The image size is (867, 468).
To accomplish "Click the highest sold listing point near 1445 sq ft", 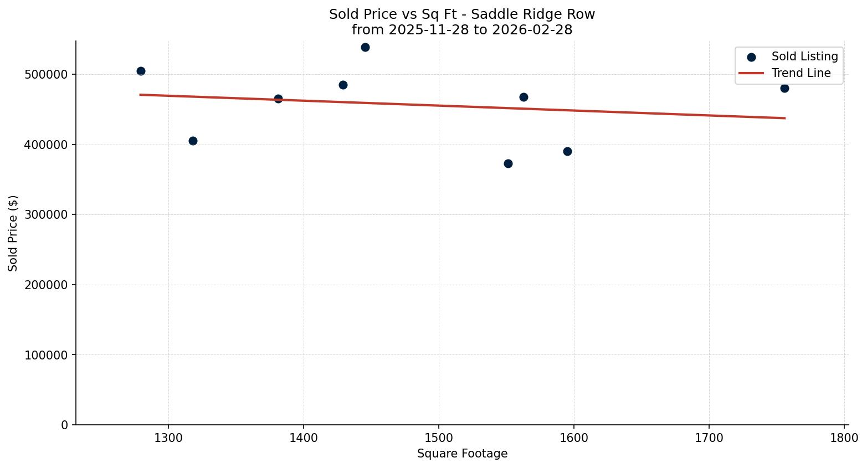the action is [x=365, y=47].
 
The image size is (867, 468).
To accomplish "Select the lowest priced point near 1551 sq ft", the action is [x=508, y=163].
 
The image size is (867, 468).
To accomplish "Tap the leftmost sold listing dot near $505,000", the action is [x=141, y=71].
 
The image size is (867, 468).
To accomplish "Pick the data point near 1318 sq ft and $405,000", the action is [x=193, y=141].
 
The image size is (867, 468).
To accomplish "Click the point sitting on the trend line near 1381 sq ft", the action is [x=278, y=99].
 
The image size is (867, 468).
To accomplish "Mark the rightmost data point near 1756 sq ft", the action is [x=784, y=88].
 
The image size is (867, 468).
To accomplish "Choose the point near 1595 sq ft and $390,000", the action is [x=567, y=151].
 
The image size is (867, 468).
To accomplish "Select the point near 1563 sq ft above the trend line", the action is [x=524, y=97].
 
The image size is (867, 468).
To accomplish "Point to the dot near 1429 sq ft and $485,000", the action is [x=343, y=85].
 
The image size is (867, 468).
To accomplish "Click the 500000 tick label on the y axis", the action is [x=46, y=75].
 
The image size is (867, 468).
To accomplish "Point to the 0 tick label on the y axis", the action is [x=65, y=425].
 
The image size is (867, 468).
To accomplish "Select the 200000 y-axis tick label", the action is [x=46, y=285].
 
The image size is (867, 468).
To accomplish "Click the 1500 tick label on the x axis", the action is [x=438, y=438].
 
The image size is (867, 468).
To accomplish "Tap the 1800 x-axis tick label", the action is [x=844, y=438].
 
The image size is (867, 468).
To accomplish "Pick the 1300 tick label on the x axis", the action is [x=168, y=438].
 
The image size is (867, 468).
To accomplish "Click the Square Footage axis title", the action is [x=462, y=454].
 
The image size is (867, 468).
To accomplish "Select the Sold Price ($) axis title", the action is [x=13, y=233].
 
